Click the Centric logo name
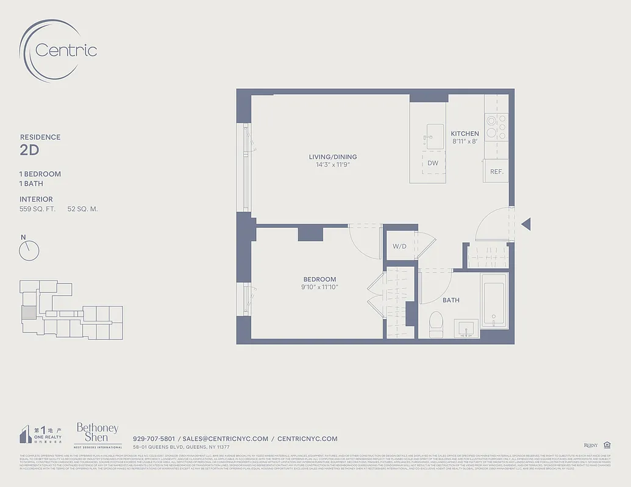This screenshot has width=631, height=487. (66, 49)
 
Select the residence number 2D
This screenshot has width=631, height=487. (30, 150)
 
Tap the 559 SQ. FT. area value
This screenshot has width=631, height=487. (38, 209)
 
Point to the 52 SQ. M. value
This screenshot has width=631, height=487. (82, 209)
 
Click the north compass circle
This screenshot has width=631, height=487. (29, 250)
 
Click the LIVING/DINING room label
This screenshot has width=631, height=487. (332, 157)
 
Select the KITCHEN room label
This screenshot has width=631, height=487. (465, 133)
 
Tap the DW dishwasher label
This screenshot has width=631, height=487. (433, 163)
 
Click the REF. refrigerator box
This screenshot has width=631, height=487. (496, 171)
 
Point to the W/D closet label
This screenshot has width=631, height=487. (399, 247)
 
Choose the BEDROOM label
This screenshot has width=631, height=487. (319, 279)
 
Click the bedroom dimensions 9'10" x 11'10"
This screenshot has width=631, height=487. (319, 287)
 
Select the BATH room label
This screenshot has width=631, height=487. (451, 300)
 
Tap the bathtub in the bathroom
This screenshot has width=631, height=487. (493, 301)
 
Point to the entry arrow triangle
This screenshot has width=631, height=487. (526, 224)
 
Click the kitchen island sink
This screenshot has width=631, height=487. (435, 136)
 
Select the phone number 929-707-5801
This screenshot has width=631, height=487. (154, 438)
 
